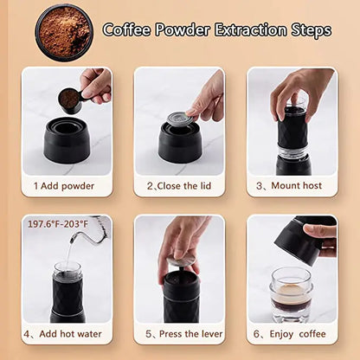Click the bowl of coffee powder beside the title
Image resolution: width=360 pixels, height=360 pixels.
[63, 31]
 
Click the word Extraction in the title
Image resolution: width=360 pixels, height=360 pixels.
[237, 30]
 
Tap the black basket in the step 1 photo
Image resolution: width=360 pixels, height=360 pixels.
[67, 142]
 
